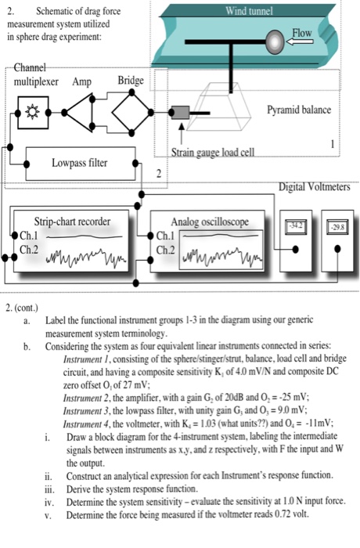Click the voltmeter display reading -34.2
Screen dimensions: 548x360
coord(294,224)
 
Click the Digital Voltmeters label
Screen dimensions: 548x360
coord(316,187)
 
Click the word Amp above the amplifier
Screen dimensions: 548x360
coord(83,81)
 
